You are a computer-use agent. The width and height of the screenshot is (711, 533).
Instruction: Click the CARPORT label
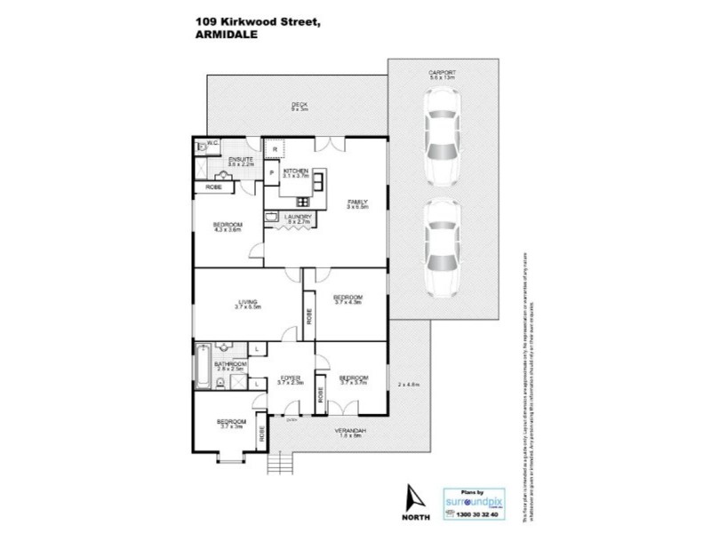[442, 74]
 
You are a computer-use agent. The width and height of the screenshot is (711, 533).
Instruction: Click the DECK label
[299, 106]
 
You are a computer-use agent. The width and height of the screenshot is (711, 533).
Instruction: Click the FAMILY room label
[356, 203]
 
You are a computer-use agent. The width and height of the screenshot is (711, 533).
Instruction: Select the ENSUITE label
[216, 160]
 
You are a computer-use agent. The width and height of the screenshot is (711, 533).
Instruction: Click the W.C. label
[213, 143]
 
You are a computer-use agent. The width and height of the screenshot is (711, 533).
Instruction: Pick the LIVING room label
[248, 303]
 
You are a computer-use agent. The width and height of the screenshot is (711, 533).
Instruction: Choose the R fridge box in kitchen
[276, 148]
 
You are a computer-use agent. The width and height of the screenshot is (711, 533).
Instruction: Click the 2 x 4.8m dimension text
[408, 384]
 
